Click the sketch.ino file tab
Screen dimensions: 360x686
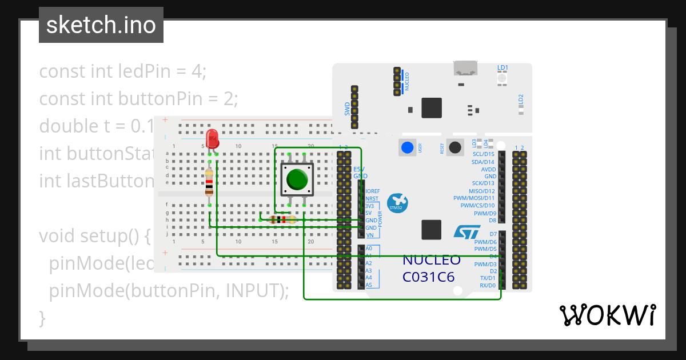coord(101,25)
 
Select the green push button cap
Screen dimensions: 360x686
coord(297,179)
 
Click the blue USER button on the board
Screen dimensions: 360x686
coord(407,147)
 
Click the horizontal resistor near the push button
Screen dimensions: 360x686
coord(281,219)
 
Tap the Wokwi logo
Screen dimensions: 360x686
coord(607,315)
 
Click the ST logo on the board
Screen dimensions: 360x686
coord(468,231)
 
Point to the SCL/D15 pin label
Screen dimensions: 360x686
coord(484,154)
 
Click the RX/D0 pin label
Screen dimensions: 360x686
coord(487,285)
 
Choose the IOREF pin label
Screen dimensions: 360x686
coord(373,191)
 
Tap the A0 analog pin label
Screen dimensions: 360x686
coord(369,249)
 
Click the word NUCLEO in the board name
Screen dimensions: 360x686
coord(432,260)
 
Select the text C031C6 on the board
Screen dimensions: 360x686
coord(429,277)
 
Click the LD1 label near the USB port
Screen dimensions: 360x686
coord(502,67)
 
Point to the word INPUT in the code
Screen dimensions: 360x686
coord(252,290)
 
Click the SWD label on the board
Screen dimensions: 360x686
coord(347,109)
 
